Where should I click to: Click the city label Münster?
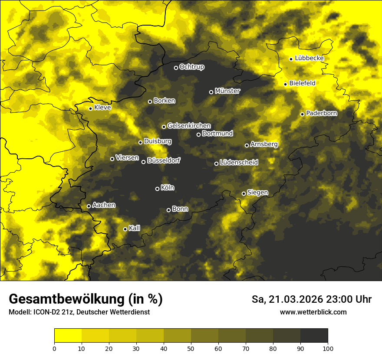pos(227,91)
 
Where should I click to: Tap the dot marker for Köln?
pos(157,189)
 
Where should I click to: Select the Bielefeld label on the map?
pos(302,83)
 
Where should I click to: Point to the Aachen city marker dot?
pos(89,206)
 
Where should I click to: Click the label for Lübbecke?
pos(309,58)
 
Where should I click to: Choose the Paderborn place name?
pos(321,113)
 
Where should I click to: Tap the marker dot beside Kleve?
pos(90,108)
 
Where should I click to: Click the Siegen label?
pos(257,193)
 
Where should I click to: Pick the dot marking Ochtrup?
pos(176,68)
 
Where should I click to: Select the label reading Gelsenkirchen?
pos(189,126)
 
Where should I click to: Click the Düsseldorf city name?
pos(164,160)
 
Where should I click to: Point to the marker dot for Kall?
pos(125,229)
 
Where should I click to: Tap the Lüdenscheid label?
pos(239,162)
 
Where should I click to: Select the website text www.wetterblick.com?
pos(313,312)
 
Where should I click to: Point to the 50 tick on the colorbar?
pos(191,348)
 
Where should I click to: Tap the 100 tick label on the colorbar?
pos(328,348)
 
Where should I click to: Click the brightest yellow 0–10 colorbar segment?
pos(68,335)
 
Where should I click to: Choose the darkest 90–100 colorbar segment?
pos(314,335)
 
